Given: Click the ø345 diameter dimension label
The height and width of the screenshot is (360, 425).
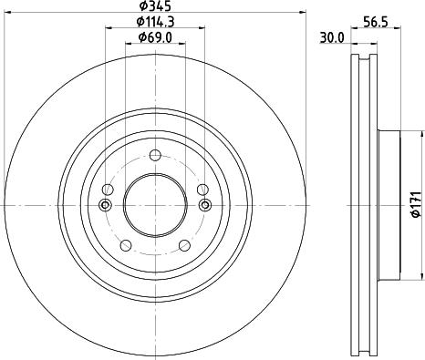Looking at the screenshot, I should point(154,7).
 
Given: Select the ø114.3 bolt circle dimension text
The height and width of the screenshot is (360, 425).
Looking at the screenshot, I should point(154,22).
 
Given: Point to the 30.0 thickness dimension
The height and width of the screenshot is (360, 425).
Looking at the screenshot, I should point(331,37).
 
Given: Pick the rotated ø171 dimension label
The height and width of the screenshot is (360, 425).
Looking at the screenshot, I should point(414,202).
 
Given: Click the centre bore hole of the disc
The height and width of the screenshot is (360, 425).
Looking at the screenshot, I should point(154,203).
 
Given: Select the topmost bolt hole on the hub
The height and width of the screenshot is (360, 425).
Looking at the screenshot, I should point(154,154).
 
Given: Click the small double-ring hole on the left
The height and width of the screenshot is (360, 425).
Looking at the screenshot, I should point(105,204).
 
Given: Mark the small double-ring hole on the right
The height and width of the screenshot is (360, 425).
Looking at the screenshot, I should point(204,204).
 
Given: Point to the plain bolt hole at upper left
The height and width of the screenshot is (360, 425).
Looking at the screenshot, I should point(108,189).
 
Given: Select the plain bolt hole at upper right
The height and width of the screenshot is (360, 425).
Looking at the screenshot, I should point(202,189).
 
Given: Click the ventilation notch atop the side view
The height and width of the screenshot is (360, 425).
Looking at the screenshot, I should point(363,61).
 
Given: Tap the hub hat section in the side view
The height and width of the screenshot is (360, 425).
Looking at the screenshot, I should point(387,203).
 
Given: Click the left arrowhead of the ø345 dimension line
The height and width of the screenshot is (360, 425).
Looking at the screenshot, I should point(8,14).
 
